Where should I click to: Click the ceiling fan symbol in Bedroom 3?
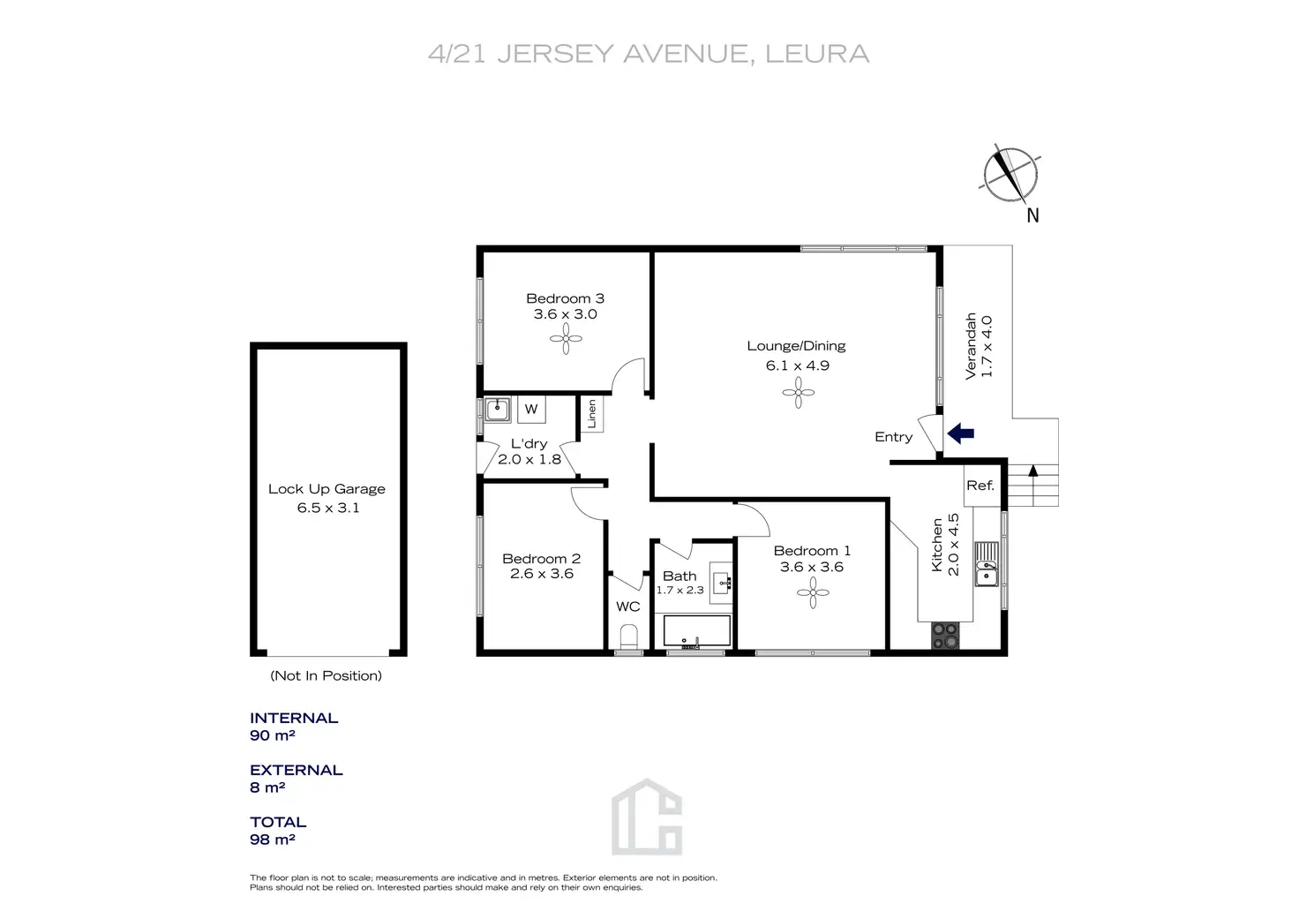(x=566, y=338)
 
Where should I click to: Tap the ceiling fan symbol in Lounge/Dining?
(x=799, y=392)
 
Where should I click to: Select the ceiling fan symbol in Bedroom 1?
(x=813, y=593)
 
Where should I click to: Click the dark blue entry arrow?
(x=960, y=433)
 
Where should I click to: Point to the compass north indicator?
(x=1010, y=174)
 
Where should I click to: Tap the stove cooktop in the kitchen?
(x=945, y=636)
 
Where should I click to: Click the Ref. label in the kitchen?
(x=980, y=486)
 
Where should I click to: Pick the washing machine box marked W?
(x=531, y=409)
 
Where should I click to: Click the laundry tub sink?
(x=498, y=409)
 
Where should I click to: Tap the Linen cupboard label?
(x=592, y=414)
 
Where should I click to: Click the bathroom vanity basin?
(x=722, y=581)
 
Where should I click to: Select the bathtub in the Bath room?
(x=697, y=631)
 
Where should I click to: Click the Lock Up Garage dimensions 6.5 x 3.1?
(x=328, y=508)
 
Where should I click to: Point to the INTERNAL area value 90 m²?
(x=273, y=735)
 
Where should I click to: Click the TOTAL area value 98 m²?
(x=273, y=840)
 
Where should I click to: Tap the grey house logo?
(x=647, y=817)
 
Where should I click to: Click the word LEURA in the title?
(x=817, y=54)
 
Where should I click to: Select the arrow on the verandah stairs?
(x=1032, y=471)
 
